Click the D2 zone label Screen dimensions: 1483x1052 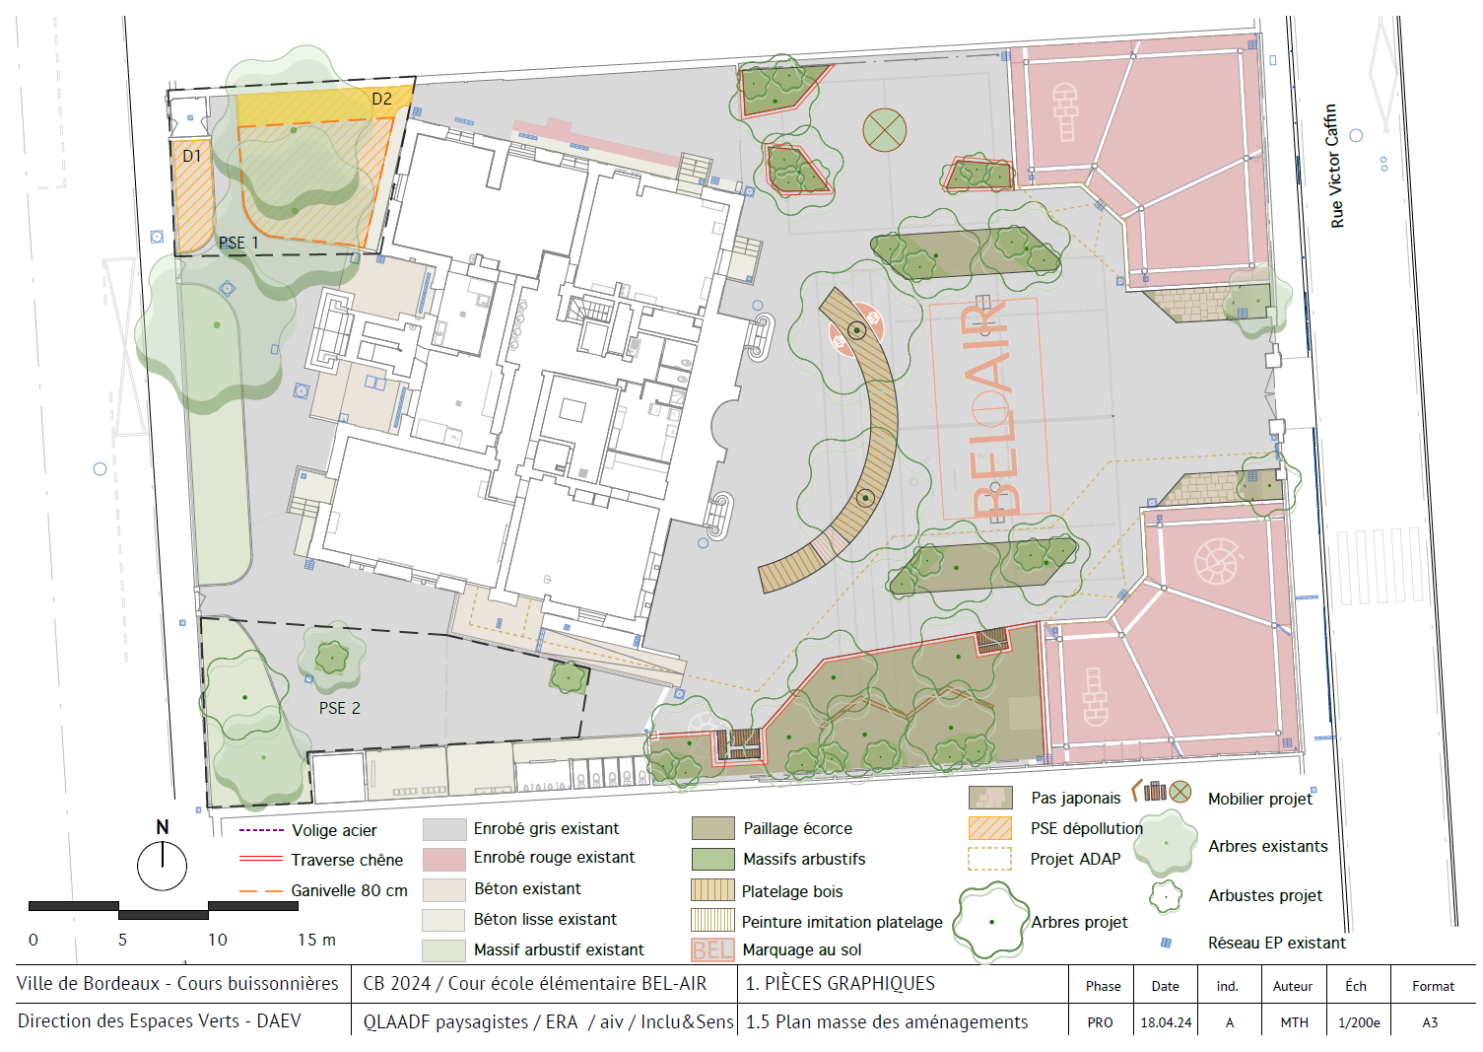pos(382,100)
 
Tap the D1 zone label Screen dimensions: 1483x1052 pos(191,157)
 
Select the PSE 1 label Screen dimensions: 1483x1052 pos(239,244)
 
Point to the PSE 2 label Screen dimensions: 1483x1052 pos(340,708)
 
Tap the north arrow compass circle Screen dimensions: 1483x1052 pos(163,866)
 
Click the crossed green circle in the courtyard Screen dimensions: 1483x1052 pos(885,130)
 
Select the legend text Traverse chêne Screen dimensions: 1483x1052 pos(347,860)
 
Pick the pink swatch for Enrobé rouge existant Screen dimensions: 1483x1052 pos(443,859)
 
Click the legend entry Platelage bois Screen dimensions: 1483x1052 pos(792,891)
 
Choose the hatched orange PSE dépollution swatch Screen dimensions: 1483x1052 pos(989,828)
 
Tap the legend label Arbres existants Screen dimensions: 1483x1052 pos(1268,846)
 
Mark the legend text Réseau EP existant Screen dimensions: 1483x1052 pos(1276,943)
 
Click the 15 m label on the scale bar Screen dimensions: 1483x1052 pos(316,940)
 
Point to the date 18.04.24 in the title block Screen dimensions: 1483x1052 pos(1166,1022)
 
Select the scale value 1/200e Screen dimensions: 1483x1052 pos(1359,1022)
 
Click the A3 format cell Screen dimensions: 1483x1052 pos(1430,1022)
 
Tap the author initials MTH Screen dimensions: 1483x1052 pos(1295,1022)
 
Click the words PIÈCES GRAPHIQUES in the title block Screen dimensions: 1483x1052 pos(849,984)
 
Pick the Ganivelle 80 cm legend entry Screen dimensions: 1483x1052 pos(323,891)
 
